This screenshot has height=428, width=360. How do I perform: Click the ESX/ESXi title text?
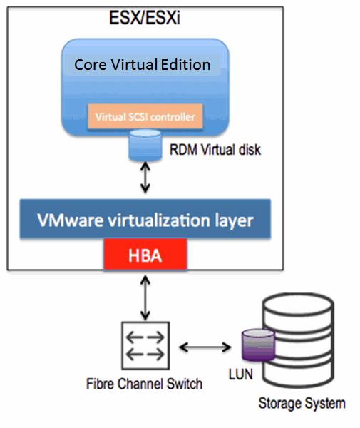[x=145, y=18]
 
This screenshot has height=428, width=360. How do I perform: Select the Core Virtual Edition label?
[x=142, y=65]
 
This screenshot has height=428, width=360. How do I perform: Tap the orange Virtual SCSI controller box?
[x=145, y=116]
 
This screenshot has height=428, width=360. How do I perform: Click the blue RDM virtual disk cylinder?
[x=145, y=146]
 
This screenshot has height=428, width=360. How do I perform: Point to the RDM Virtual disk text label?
[x=215, y=150]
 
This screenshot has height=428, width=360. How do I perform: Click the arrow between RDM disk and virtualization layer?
[x=145, y=178]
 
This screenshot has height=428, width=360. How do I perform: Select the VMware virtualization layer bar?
[x=145, y=219]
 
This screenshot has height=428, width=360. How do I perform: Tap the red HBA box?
[x=145, y=255]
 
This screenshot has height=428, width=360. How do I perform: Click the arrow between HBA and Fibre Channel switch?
[x=145, y=298]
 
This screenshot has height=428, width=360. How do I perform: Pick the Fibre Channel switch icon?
[x=145, y=345]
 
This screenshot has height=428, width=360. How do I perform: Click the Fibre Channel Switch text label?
[x=144, y=384]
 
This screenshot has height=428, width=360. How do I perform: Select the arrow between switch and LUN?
[x=205, y=347]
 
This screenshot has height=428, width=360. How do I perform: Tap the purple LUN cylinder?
[x=258, y=345]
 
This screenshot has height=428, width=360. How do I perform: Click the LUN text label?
[x=240, y=374]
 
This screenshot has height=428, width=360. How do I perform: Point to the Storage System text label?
[x=302, y=404]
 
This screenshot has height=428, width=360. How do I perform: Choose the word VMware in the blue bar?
[x=71, y=220]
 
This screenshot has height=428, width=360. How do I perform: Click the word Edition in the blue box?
[x=185, y=65]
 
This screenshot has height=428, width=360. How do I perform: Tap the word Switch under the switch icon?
[x=185, y=384]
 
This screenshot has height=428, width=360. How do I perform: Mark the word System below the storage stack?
[x=325, y=404]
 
